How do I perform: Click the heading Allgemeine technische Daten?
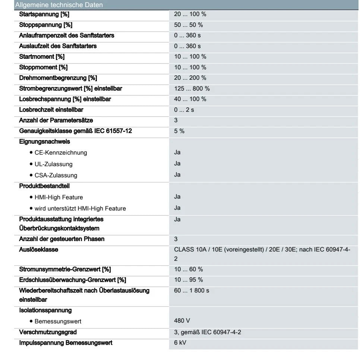point(59,5)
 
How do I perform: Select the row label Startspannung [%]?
point(44,14)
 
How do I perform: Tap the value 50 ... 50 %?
point(188,25)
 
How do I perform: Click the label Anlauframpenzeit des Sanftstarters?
point(67,35)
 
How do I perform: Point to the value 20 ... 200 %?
point(190,78)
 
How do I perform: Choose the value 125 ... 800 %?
point(192,89)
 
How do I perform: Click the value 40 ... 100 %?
point(190,99)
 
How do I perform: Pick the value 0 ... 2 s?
point(184,110)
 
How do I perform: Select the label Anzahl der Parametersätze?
point(56,120)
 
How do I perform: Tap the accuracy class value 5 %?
point(179,131)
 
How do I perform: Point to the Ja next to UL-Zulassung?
point(177,163)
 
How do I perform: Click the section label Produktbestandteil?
point(44,186)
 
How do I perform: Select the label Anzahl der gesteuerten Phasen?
point(62,239)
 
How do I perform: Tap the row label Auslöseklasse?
point(39,250)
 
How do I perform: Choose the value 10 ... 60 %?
point(188,269)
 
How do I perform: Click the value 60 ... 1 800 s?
point(192,290)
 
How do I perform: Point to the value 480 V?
point(182,320)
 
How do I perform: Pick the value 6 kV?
point(180,342)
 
